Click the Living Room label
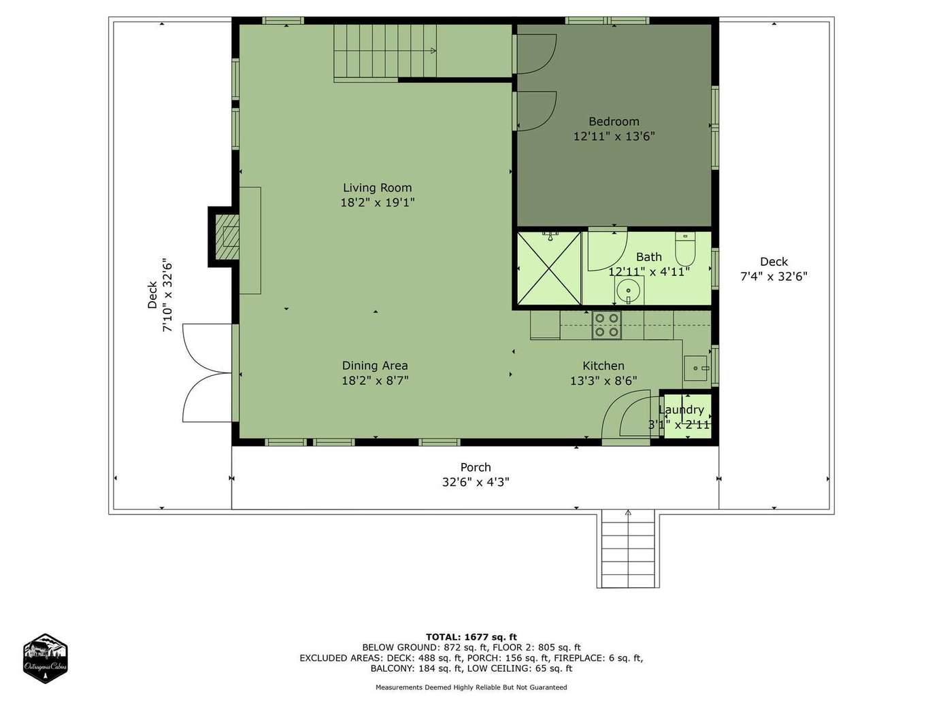click(377, 188)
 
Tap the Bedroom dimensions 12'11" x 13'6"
click(614, 137)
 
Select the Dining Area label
click(375, 366)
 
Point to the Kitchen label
click(603, 366)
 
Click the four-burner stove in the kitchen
click(607, 325)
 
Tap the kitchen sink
click(695, 368)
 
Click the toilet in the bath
click(685, 249)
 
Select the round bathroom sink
click(629, 290)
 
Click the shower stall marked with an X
click(548, 269)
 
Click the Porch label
click(475, 467)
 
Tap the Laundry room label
click(681, 409)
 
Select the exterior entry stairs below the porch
click(628, 549)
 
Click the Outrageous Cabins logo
click(45, 658)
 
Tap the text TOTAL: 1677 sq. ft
click(471, 637)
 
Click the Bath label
click(648, 257)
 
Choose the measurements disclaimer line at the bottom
click(471, 687)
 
